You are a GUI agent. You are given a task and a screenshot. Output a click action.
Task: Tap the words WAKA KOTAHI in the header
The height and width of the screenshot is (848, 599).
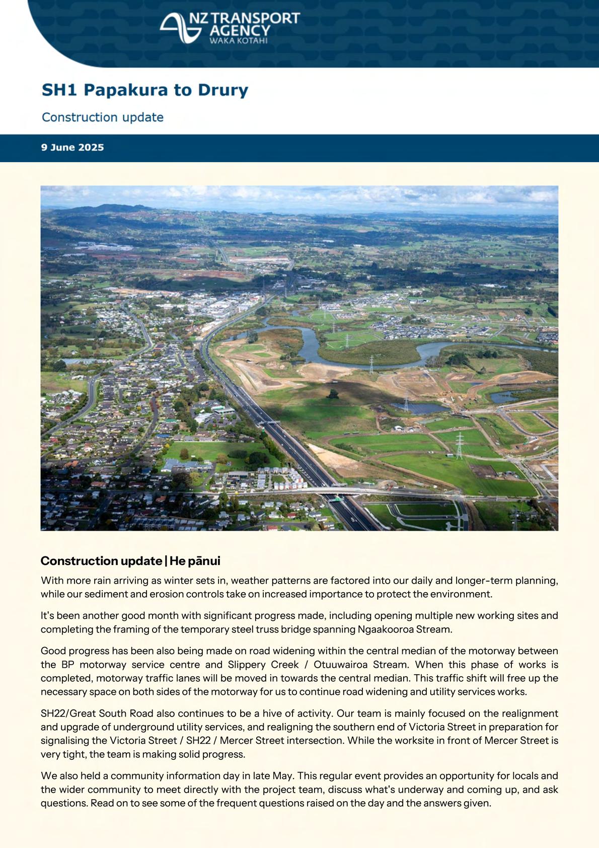[238, 40]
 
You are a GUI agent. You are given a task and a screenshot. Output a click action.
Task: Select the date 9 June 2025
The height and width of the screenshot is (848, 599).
[72, 148]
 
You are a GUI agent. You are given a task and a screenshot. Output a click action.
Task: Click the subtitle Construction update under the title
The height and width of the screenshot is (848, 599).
[103, 117]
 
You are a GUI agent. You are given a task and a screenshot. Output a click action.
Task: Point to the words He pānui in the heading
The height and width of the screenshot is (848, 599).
[195, 561]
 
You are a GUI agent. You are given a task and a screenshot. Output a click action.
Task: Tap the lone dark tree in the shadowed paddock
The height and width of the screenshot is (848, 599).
[333, 394]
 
